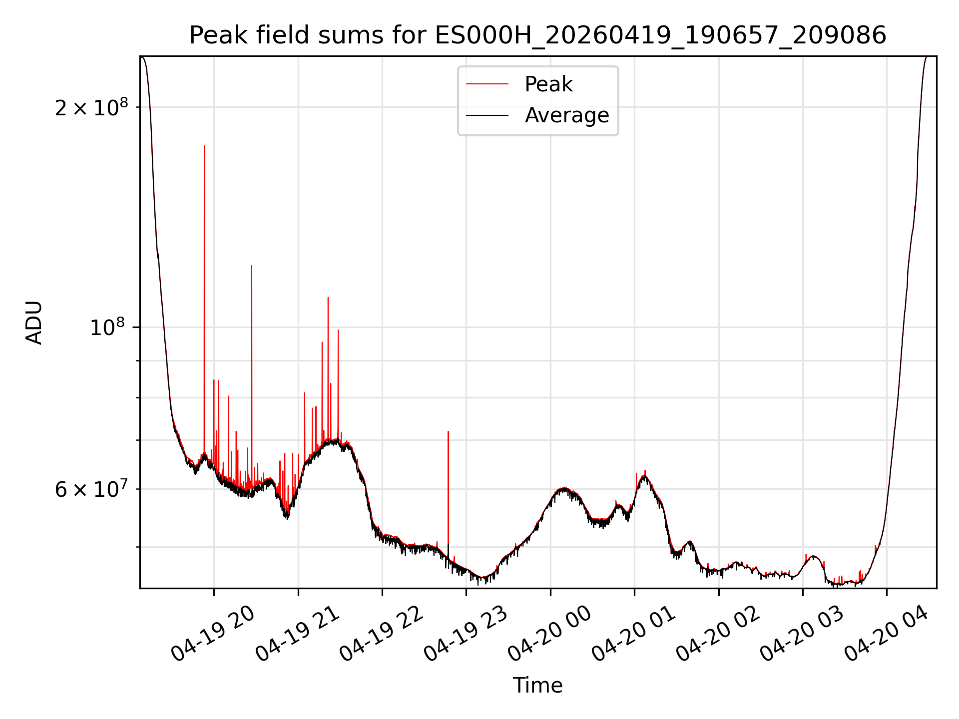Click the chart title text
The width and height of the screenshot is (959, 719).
tap(538, 35)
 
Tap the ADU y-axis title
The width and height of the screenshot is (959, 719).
tap(34, 323)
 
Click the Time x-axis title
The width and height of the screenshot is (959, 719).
tap(538, 686)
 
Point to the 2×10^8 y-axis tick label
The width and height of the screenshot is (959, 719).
tap(91, 107)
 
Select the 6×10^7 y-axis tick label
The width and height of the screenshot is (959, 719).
tap(91, 489)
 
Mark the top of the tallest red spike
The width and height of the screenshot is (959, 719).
tap(204, 146)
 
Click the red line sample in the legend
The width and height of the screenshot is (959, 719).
tap(487, 84)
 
